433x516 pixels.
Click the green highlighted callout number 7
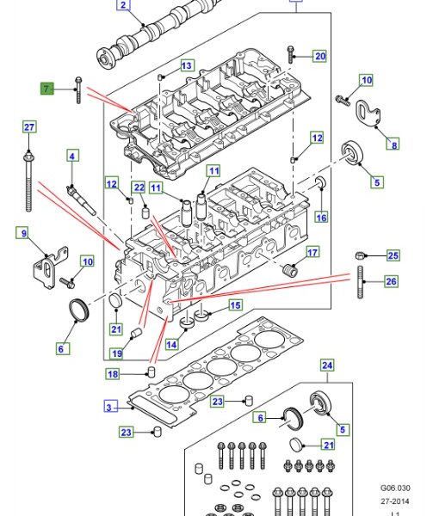click(46, 89)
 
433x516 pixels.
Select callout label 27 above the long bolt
click(29, 127)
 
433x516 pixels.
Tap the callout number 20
click(319, 56)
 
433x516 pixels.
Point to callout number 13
click(187, 66)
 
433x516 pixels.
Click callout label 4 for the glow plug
click(72, 156)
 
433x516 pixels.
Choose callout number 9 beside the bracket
click(24, 233)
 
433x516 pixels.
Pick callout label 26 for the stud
click(391, 281)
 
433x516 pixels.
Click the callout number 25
click(393, 255)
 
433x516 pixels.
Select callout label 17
click(312, 252)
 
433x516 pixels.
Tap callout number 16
click(321, 218)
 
